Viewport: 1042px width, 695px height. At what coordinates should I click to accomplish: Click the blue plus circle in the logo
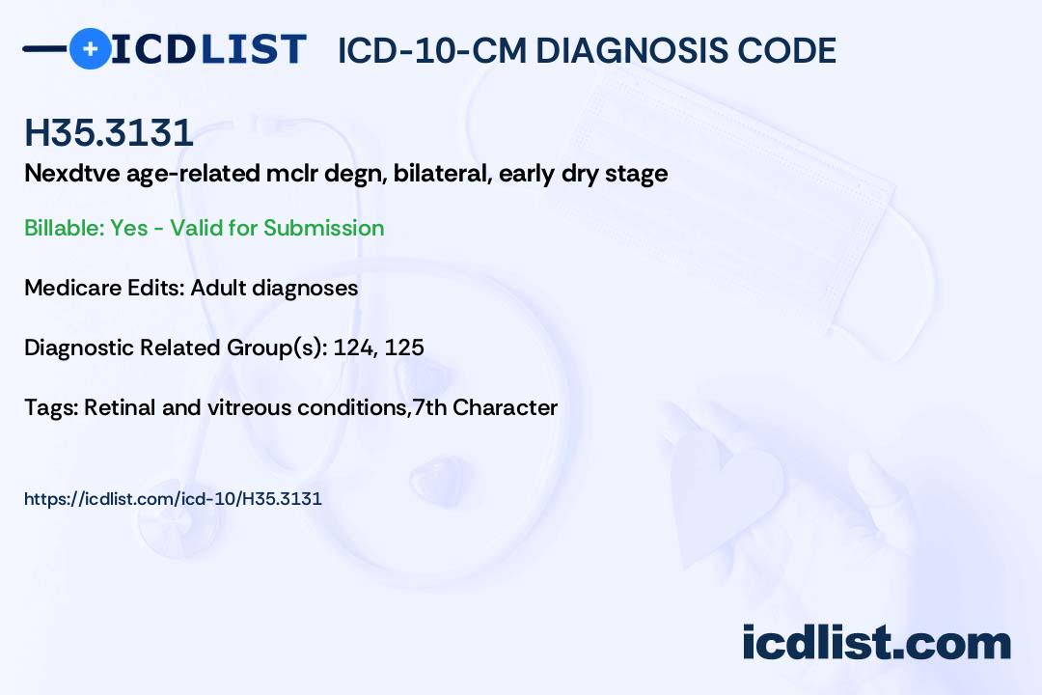[90, 49]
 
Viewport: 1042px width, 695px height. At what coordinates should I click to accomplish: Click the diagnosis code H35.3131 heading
[109, 132]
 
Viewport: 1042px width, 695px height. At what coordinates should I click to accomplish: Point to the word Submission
[323, 228]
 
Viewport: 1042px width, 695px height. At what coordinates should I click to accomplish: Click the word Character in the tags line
[505, 407]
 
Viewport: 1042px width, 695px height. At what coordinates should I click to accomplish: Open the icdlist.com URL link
[173, 499]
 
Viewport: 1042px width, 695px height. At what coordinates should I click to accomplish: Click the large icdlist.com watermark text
[876, 643]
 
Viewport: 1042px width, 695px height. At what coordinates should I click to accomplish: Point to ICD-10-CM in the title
[432, 50]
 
